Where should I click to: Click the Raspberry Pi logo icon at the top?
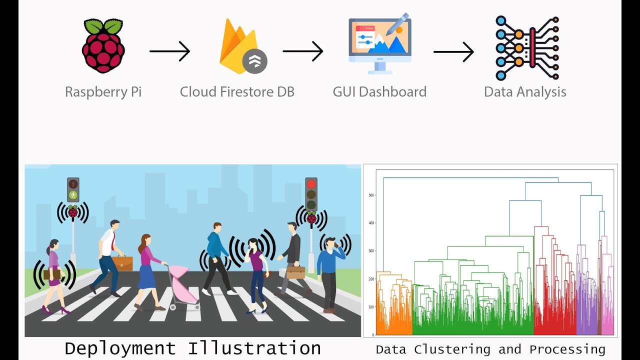(x=103, y=46)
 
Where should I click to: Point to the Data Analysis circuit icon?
(x=527, y=48)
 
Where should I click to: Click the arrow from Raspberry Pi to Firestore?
(x=170, y=51)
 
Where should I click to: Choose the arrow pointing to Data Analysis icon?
(x=453, y=51)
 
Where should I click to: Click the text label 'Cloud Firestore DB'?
(x=237, y=92)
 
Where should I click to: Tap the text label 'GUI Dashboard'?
(x=379, y=92)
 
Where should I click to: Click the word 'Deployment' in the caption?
(x=120, y=348)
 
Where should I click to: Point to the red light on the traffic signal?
(x=311, y=184)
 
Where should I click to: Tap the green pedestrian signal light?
(x=73, y=194)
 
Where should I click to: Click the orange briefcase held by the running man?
(x=122, y=263)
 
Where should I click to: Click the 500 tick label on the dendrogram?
(x=371, y=195)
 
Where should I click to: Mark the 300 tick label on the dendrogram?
(x=371, y=251)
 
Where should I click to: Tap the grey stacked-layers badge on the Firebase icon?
(x=255, y=61)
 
